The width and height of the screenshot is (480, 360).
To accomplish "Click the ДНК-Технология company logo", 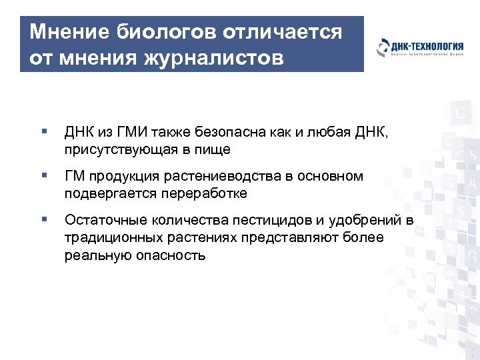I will (419, 48).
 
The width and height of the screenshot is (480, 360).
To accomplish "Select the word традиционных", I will (110, 237).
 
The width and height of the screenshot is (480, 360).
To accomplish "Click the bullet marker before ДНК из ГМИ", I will (43, 133).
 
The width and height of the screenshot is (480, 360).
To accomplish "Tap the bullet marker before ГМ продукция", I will (43, 177).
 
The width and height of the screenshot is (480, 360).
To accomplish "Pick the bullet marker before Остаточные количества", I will (43, 221).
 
